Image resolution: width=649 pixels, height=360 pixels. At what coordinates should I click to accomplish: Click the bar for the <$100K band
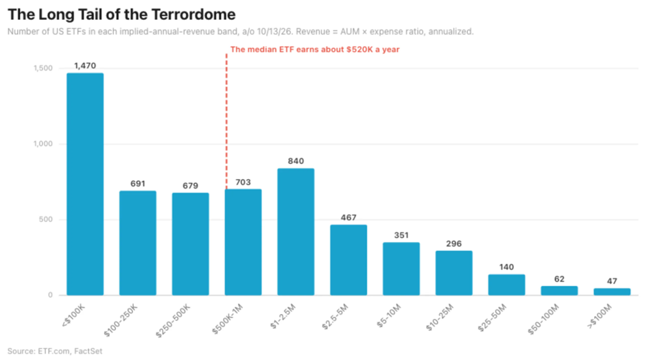coord(85,184)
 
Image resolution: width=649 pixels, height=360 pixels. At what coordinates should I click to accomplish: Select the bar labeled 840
coord(296,232)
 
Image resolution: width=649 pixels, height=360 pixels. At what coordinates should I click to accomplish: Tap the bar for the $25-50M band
coord(506,285)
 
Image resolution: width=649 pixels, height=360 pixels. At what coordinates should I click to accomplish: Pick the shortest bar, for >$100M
coord(612,291)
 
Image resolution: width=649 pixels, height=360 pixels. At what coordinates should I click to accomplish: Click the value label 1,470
coord(85,66)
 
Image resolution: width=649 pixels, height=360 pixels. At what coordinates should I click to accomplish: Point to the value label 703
coord(243,182)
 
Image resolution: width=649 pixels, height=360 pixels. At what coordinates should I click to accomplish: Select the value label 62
coord(559,279)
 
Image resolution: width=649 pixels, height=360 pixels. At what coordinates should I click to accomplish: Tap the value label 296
coord(453,243)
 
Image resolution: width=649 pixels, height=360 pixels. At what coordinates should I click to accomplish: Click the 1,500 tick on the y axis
coord(43,69)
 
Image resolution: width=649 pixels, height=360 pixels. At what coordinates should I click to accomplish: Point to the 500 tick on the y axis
coord(46,219)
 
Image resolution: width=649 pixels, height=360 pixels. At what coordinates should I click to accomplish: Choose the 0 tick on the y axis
coord(51,295)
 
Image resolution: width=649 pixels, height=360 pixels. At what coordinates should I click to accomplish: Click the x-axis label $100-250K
coord(121,320)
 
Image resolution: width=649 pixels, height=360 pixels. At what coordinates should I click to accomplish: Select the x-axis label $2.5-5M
coord(335,317)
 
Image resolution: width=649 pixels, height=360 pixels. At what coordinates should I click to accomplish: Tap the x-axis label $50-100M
coord(543,319)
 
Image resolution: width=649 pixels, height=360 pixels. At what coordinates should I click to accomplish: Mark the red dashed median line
coord(226,121)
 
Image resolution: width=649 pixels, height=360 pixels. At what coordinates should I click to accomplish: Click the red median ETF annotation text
coord(315,49)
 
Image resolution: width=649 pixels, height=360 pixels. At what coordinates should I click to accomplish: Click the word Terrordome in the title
coord(193,14)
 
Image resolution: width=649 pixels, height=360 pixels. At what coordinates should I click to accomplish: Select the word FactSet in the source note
coord(88,351)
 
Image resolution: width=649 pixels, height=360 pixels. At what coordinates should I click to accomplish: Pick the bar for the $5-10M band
coord(401,269)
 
